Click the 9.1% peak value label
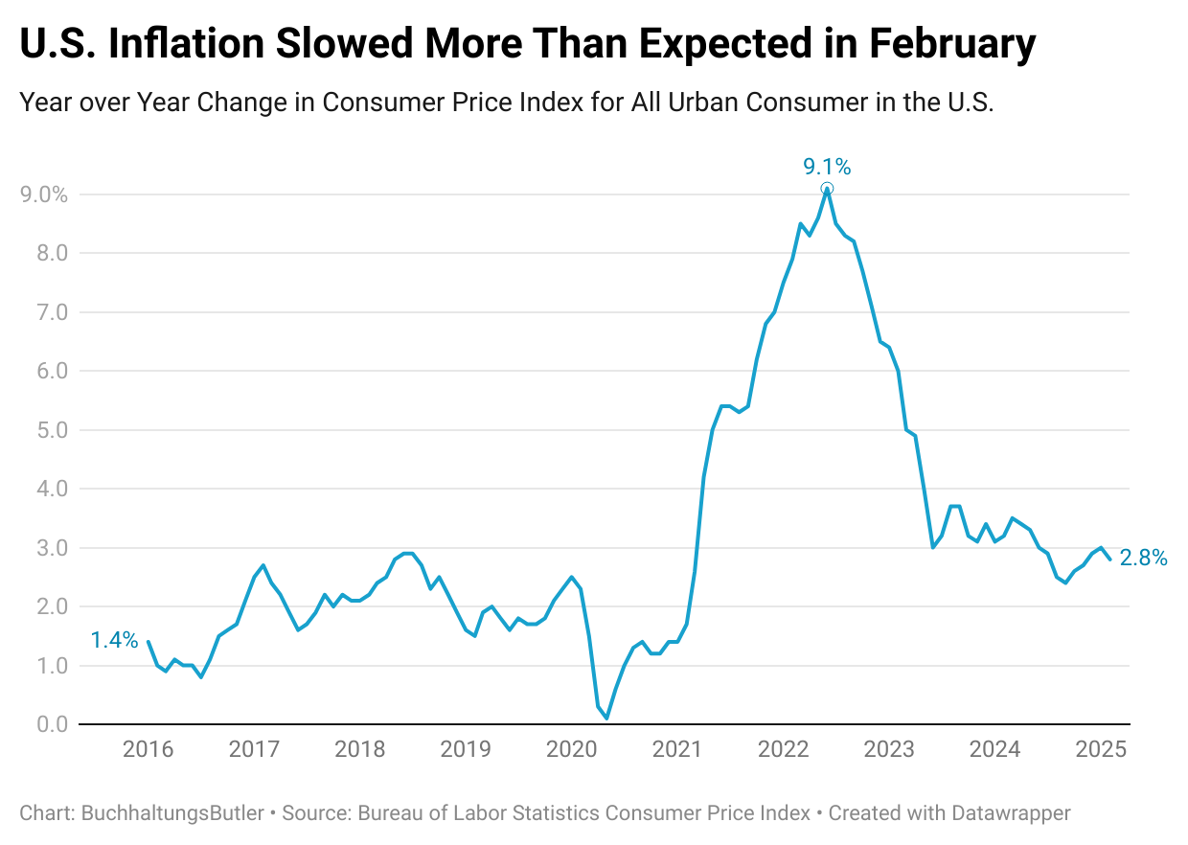[826, 167]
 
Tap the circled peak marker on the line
[827, 189]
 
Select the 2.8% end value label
[1143, 559]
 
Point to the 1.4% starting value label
[114, 640]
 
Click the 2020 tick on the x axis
[572, 749]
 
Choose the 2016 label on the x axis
[148, 749]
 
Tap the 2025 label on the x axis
[1101, 749]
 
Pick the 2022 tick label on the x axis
[784, 749]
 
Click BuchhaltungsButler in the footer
[172, 813]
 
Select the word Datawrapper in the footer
[1011, 813]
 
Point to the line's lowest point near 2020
[606, 718]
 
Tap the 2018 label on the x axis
[360, 749]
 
